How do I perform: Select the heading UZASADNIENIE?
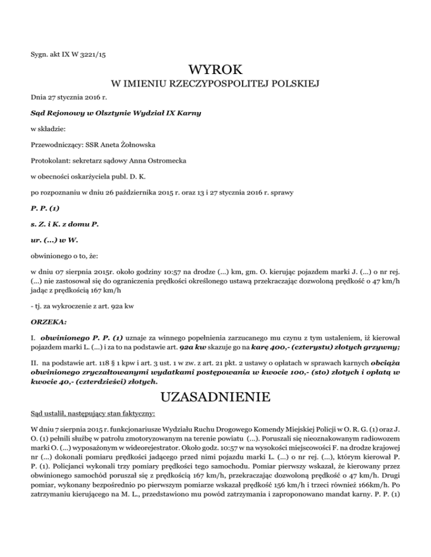click(x=215, y=398)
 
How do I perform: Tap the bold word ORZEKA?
click(x=46, y=291)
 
